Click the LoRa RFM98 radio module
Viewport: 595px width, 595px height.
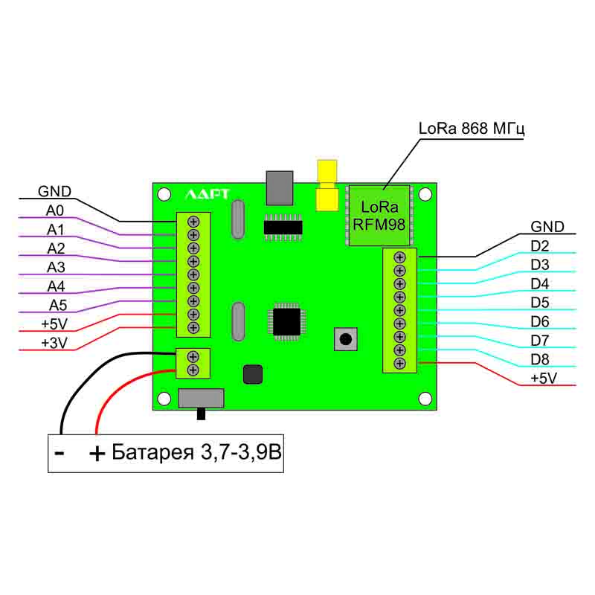click(x=379, y=214)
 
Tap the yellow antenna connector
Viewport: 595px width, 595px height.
click(x=326, y=186)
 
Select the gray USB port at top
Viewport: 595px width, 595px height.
click(x=280, y=187)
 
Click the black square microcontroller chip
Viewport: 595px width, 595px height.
click(x=286, y=321)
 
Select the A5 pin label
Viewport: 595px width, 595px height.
click(x=59, y=305)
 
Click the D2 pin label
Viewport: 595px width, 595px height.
click(x=540, y=246)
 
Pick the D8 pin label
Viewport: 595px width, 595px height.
click(x=540, y=360)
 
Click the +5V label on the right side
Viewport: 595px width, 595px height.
click(x=544, y=379)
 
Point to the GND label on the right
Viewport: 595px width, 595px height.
click(x=547, y=227)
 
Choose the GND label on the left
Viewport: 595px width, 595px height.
click(x=55, y=190)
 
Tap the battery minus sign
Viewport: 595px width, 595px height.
click(x=60, y=452)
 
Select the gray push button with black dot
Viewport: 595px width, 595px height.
click(x=345, y=339)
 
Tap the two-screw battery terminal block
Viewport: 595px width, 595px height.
click(x=193, y=363)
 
